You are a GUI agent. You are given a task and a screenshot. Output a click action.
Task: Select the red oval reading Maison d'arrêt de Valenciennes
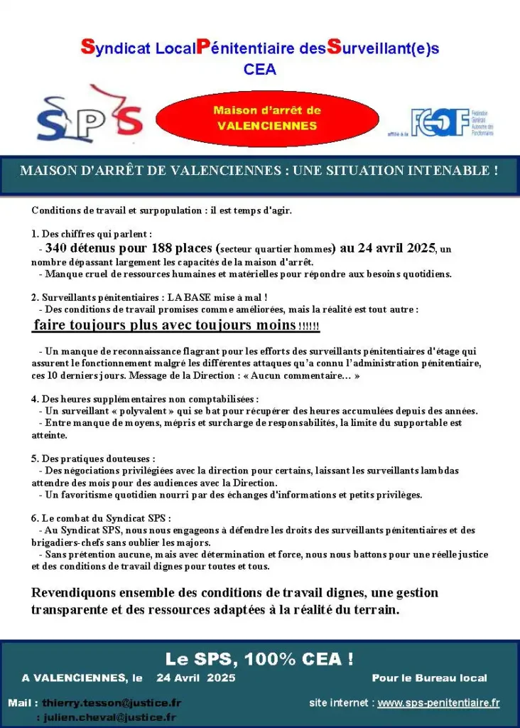point(267,118)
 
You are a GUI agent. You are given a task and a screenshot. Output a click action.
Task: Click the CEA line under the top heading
point(259,70)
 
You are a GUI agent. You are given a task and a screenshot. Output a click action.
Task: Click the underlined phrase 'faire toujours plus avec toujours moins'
point(163,326)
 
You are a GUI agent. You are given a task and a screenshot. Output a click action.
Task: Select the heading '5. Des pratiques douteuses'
point(93,459)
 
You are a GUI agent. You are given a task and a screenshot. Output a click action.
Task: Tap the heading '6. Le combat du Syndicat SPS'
point(102,518)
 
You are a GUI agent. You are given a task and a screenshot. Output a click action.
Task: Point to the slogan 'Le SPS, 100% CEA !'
point(259,658)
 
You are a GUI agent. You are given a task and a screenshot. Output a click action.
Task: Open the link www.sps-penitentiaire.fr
point(438,702)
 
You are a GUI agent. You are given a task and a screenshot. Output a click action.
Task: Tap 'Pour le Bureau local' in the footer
point(429,678)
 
